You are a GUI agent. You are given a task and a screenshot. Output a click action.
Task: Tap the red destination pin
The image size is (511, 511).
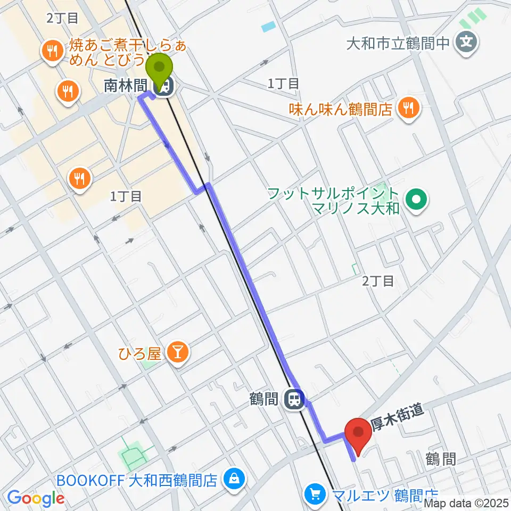coord(358,434)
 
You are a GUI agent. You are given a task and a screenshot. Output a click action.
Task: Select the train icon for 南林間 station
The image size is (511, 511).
coord(162,86)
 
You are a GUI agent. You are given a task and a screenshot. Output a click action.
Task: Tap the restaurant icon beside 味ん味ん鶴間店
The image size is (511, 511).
coord(409,110)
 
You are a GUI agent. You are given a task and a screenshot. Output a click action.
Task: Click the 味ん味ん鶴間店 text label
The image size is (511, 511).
coord(341,110)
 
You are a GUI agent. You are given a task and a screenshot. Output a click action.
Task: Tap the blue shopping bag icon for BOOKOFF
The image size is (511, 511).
coord(233,480)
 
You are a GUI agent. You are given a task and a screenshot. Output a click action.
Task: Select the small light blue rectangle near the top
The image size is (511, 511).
coord(269,26)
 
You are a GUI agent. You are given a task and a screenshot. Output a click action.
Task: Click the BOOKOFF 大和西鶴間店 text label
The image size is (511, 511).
coord(137,480)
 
